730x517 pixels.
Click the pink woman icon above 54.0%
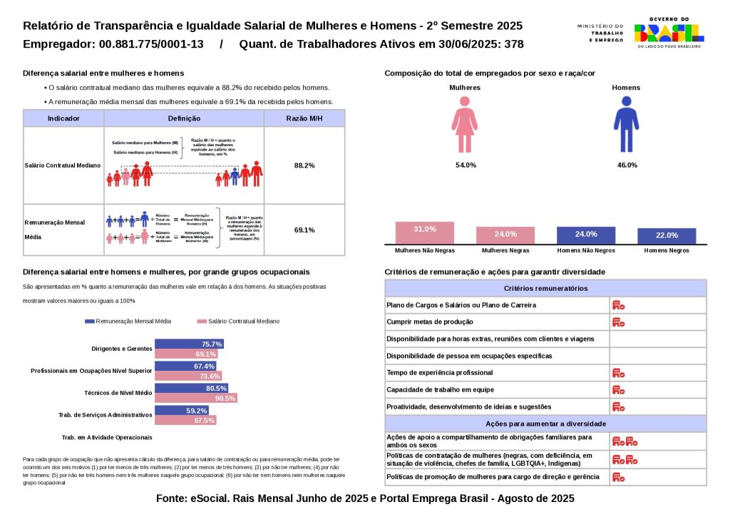(465, 124)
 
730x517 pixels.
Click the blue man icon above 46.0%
(626, 124)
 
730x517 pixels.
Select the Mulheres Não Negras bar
(425, 233)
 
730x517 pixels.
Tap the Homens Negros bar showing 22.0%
(667, 236)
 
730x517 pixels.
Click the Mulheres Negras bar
(505, 235)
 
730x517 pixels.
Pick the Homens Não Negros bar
(586, 235)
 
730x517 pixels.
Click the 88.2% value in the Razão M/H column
(304, 165)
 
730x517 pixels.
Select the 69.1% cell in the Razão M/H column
(304, 230)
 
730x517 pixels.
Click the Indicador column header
(63, 118)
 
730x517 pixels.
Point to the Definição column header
(184, 118)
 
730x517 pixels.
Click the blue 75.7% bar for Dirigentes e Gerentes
(190, 344)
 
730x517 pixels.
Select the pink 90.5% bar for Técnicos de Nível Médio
(196, 398)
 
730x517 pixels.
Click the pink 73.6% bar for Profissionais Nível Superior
(189, 376)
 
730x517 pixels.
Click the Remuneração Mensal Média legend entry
(128, 322)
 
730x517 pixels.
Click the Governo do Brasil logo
(669, 32)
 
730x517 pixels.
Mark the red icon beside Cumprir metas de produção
(618, 322)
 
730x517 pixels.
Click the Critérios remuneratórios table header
(545, 288)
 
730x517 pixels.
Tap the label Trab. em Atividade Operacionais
(107, 437)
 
